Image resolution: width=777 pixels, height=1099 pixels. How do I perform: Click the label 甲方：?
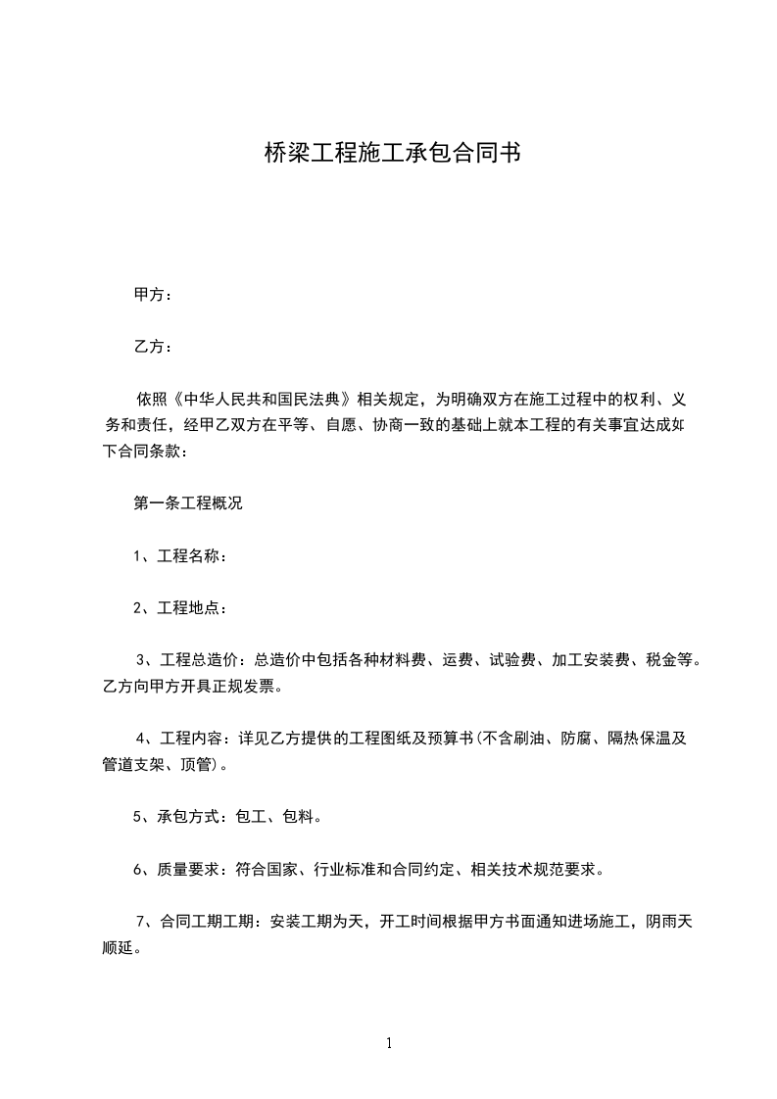[x=154, y=295]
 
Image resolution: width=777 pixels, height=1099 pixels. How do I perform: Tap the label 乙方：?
[x=154, y=347]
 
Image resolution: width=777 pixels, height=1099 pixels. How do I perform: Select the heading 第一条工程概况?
[x=188, y=504]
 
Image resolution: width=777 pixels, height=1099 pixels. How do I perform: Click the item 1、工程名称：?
[x=181, y=556]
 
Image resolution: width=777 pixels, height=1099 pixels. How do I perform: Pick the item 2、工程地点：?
[x=181, y=608]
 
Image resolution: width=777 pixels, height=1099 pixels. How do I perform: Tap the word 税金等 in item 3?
[x=674, y=660]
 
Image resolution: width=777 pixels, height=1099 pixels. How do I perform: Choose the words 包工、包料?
[x=278, y=816]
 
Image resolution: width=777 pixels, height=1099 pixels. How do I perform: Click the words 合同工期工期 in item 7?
[x=210, y=921]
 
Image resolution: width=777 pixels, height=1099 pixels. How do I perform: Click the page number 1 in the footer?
[x=389, y=1044]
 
